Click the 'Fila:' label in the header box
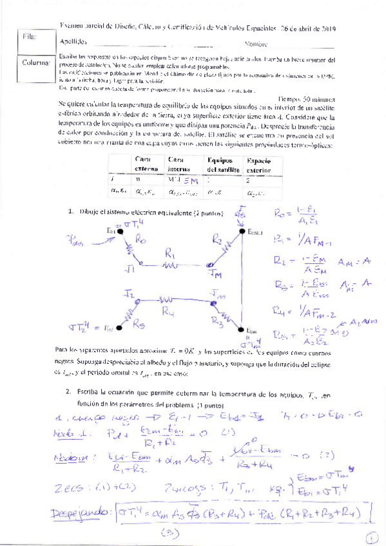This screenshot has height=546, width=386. coord(30,38)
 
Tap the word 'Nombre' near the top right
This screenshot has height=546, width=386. coord(256,44)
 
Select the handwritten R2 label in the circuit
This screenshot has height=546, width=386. coord(217,241)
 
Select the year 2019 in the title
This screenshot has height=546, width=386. coord(334,28)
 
